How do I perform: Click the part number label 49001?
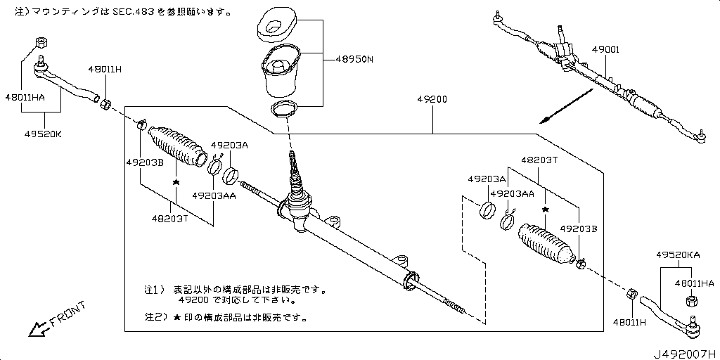point(605,51)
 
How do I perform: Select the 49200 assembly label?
point(432,100)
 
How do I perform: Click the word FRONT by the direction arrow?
point(68,314)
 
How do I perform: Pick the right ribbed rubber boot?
point(545,246)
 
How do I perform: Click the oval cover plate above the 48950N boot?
point(276,25)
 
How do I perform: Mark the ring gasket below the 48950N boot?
point(283,109)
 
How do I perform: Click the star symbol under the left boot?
point(176,182)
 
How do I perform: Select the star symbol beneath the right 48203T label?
point(544,209)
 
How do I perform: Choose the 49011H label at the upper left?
point(105,70)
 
